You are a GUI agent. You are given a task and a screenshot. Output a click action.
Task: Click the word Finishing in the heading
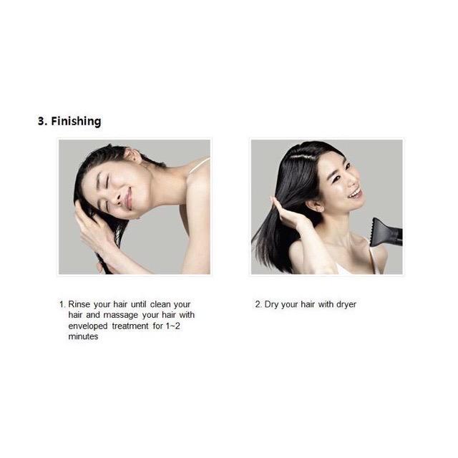(x=77, y=121)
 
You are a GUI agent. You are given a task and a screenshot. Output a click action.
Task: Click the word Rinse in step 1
(x=79, y=304)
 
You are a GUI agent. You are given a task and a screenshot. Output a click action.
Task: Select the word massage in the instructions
(x=121, y=316)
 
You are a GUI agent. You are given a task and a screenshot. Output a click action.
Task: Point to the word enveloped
(x=88, y=326)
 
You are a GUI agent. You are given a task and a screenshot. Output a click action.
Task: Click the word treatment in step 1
(x=130, y=326)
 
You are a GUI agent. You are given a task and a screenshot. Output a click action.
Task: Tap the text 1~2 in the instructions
(x=173, y=326)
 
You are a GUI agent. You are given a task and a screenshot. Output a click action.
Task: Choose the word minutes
(x=83, y=336)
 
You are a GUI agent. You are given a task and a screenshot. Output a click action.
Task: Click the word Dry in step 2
(x=271, y=305)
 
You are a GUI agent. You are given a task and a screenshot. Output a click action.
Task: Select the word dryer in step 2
(x=346, y=305)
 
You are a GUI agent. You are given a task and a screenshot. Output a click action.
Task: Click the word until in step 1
(x=138, y=304)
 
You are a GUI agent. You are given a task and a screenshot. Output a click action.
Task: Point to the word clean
(x=160, y=304)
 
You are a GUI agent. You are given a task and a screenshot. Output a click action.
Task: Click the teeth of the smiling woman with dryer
(x=356, y=193)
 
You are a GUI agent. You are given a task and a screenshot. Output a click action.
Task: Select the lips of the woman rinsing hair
(x=128, y=199)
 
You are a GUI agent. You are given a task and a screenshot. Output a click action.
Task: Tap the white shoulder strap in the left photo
(x=199, y=165)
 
